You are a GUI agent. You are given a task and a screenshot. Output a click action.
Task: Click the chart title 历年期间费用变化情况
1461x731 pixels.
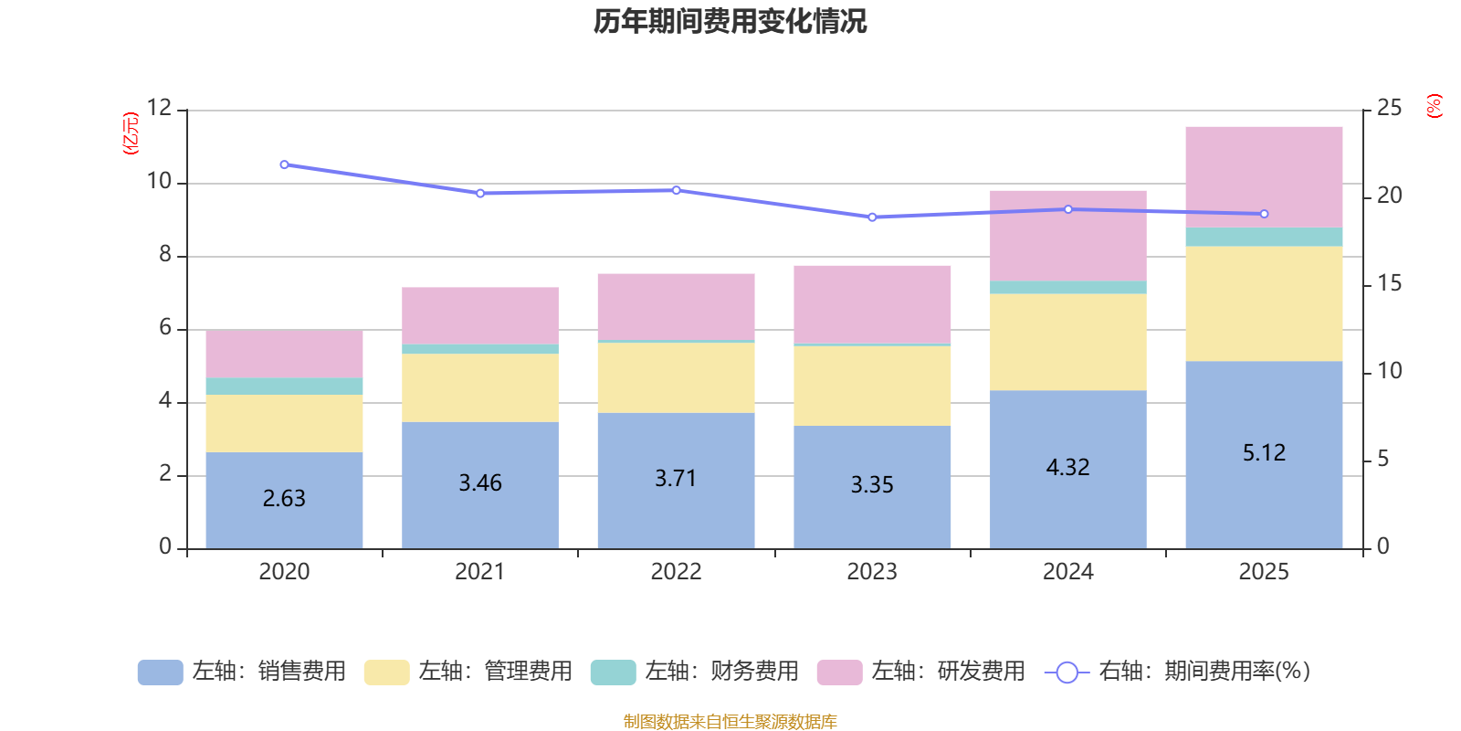coord(730,22)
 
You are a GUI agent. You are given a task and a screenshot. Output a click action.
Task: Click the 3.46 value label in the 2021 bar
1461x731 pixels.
coord(480,482)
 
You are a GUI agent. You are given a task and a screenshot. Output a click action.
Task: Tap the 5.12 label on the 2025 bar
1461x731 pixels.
coord(1264,452)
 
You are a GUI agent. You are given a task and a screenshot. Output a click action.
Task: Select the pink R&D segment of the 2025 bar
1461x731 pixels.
coord(1264,177)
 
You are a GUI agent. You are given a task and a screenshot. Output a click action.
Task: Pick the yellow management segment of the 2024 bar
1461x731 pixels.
coord(1067,342)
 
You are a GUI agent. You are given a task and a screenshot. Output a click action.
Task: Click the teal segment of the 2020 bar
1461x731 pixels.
coord(284,387)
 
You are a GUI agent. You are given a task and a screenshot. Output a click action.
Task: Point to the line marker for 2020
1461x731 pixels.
coord(284,165)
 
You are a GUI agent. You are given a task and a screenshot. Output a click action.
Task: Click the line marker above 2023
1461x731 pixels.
coord(872,217)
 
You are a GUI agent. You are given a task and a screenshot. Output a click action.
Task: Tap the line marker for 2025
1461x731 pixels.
coord(1264,214)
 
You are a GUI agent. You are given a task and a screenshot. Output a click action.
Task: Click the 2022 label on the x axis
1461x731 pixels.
coord(676,572)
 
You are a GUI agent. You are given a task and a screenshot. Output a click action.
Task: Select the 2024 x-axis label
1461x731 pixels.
coord(1067,572)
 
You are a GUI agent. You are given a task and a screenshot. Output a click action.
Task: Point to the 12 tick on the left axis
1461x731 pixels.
coord(160,109)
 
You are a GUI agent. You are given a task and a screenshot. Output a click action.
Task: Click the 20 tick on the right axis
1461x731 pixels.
coord(1389,196)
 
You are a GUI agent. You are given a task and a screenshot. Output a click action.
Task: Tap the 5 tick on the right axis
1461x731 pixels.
coord(1382,459)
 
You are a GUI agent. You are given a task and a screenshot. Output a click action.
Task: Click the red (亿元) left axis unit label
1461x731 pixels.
coord(131,133)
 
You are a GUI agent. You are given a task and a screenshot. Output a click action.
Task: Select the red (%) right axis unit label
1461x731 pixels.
coord(1434,106)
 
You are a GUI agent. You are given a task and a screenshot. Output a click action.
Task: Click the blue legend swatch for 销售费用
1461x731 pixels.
coord(160,673)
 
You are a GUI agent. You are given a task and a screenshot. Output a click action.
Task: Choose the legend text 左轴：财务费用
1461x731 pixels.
coord(721,672)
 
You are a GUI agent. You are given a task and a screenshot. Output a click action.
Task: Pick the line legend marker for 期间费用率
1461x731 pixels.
coord(1067,673)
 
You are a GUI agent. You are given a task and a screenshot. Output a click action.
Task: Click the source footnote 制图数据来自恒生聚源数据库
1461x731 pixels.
coord(730,722)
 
